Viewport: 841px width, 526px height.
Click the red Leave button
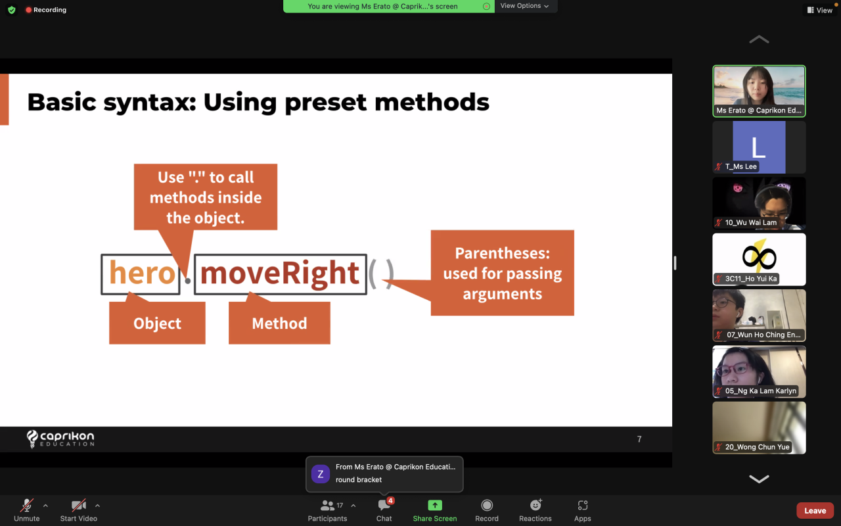point(815,511)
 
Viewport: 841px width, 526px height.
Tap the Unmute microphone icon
point(27,506)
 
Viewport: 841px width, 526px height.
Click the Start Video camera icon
point(78,506)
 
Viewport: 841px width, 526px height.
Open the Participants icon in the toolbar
point(327,506)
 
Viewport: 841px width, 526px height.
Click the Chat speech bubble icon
point(384,506)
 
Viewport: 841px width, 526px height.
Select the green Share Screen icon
point(435,506)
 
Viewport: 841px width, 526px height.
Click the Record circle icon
point(487,506)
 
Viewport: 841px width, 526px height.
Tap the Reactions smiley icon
point(535,505)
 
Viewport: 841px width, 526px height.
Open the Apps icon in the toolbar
point(582,506)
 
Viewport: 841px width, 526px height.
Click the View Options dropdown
point(524,6)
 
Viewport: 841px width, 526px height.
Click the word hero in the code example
point(142,273)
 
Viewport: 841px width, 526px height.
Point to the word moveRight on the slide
point(280,274)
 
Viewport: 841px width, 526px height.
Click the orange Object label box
point(157,323)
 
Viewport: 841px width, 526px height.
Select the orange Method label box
point(279,323)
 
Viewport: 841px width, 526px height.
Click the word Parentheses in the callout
point(503,253)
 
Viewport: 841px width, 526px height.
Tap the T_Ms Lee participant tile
point(759,147)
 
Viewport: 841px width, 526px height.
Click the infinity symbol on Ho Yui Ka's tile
point(759,257)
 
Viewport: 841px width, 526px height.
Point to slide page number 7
point(639,439)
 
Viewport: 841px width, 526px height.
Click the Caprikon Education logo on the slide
point(60,439)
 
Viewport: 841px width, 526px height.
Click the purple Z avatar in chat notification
point(320,473)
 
